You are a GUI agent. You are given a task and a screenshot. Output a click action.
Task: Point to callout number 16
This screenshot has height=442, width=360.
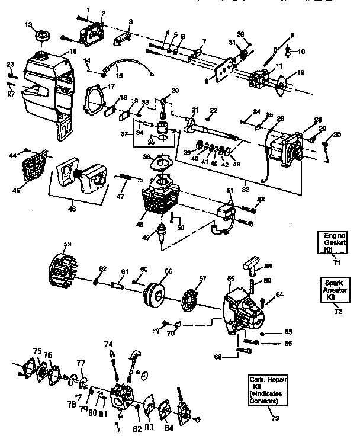click(x=73, y=52)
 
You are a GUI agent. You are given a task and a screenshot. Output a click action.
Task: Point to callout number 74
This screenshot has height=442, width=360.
click(x=108, y=344)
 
